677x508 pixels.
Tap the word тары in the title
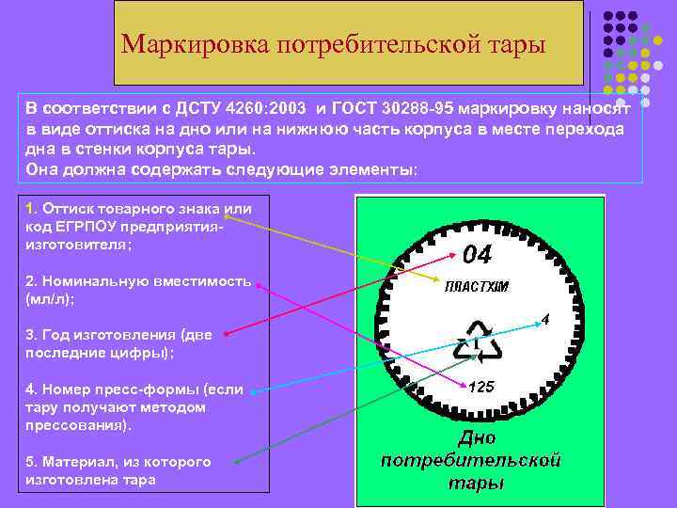tap(513, 44)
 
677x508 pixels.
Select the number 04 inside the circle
tap(476, 255)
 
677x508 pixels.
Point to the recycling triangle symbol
tap(478, 343)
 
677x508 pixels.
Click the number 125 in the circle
tap(481, 387)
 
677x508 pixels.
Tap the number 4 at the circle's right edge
tap(545, 320)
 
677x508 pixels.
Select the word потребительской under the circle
tap(471, 461)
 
